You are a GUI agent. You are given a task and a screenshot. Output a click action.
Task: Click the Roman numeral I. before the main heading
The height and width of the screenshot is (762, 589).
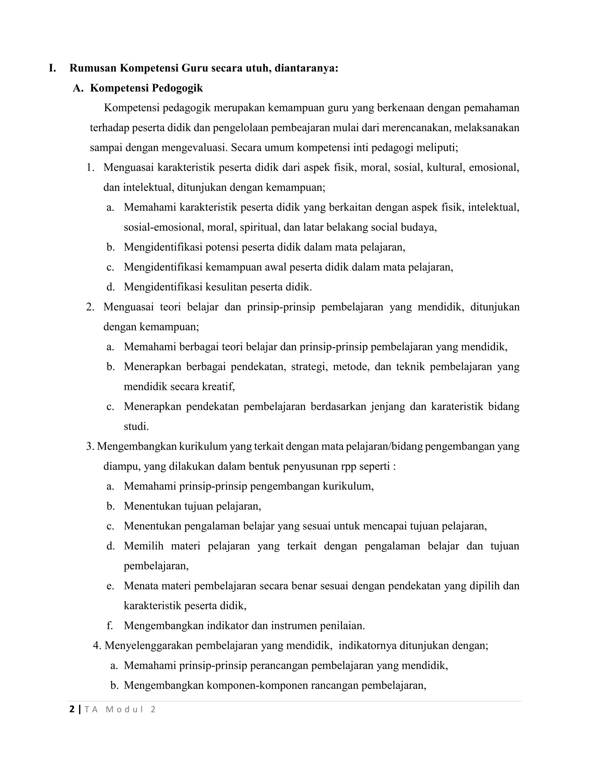[x=52, y=68]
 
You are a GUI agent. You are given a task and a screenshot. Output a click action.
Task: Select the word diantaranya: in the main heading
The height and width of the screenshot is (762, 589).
[x=306, y=68]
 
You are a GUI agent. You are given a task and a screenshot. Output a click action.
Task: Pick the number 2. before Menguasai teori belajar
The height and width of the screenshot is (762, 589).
[x=90, y=307]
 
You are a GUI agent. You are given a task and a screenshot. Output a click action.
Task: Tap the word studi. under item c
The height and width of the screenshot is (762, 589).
[x=136, y=426]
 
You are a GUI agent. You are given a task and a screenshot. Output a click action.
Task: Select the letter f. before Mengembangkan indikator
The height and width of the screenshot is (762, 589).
[x=110, y=626]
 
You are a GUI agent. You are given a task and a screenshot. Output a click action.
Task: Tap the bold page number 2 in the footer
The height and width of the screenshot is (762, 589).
[x=72, y=709]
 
